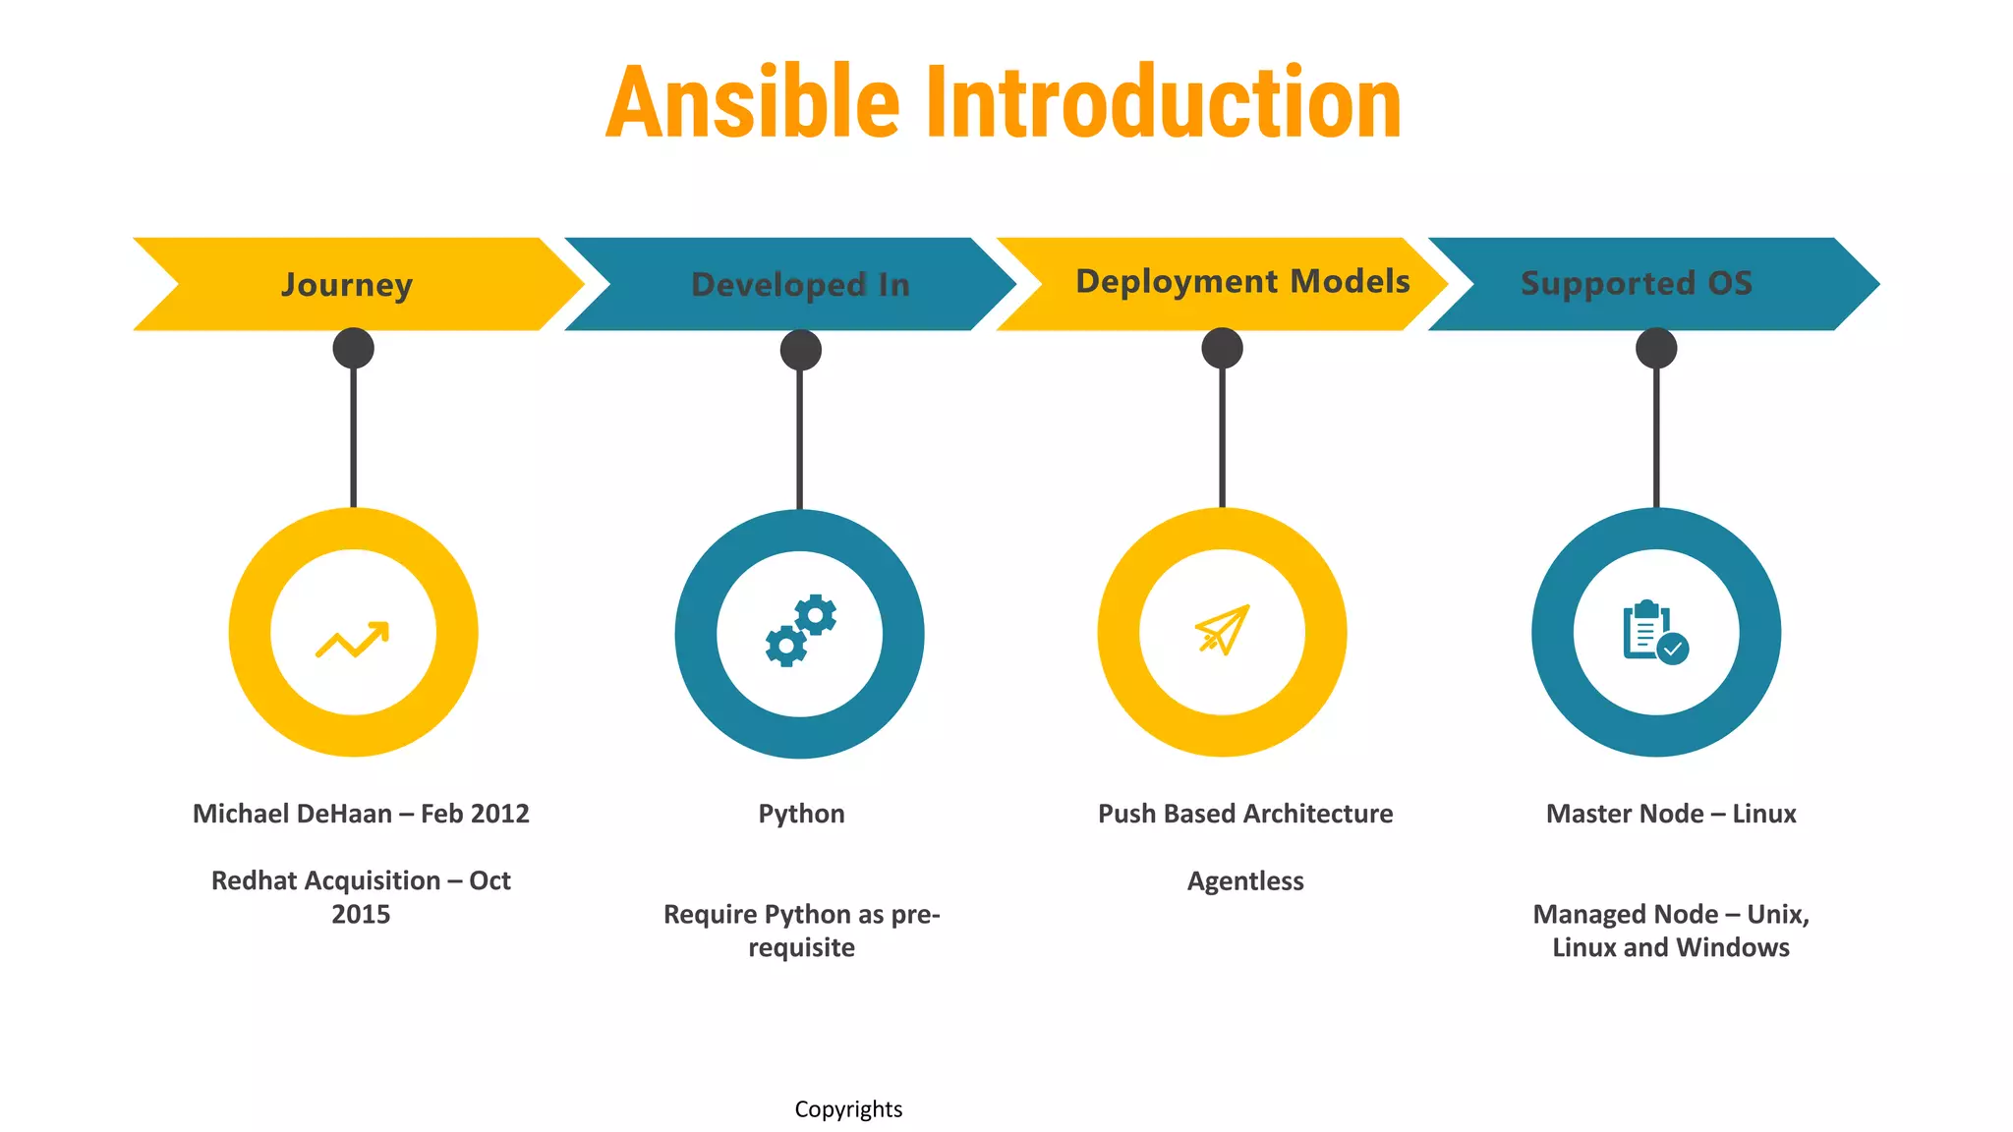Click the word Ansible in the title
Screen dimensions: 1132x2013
point(752,102)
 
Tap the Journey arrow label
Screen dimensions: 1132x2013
point(347,284)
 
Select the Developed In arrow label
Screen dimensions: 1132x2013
point(800,284)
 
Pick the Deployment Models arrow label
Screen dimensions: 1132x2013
point(1242,281)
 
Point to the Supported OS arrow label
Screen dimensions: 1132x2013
point(1637,283)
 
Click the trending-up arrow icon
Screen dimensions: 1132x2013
point(353,640)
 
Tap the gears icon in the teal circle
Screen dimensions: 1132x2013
point(800,631)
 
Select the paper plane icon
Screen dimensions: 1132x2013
point(1223,629)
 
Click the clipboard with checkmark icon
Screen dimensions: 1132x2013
point(1655,632)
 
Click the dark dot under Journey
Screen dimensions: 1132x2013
point(354,348)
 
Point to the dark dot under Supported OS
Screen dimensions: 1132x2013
point(1656,348)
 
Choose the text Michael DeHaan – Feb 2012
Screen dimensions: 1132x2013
point(361,814)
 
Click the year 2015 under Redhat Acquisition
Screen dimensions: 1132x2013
point(361,914)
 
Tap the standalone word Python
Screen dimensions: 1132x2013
point(801,814)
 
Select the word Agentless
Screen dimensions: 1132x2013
point(1245,880)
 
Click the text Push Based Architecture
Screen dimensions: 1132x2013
point(1245,814)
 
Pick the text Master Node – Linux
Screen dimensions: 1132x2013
point(1671,814)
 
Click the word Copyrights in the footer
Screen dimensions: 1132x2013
point(848,1109)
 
